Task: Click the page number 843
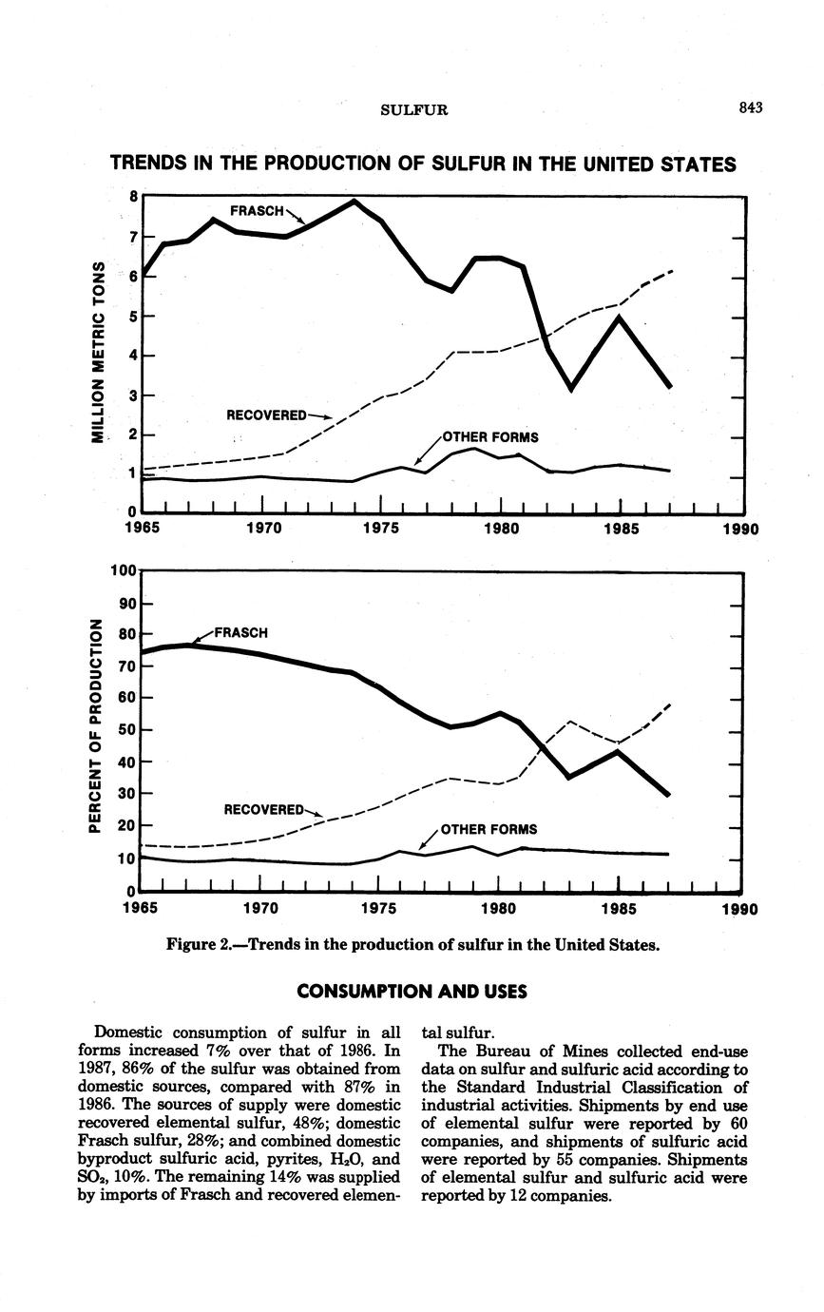pyautogui.click(x=750, y=107)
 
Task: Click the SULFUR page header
pyautogui.click(x=413, y=109)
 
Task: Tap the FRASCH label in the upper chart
pyautogui.click(x=257, y=210)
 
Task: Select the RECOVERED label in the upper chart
pyautogui.click(x=266, y=415)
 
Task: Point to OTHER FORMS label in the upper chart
pyautogui.click(x=490, y=437)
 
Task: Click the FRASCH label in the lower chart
pyautogui.click(x=241, y=632)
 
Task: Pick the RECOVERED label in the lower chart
pyautogui.click(x=263, y=809)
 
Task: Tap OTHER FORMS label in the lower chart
pyautogui.click(x=489, y=829)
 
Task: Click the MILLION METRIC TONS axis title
pyautogui.click(x=96, y=351)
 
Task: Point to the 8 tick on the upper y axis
pyautogui.click(x=134, y=197)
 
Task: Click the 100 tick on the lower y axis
pyautogui.click(x=124, y=571)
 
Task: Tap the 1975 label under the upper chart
pyautogui.click(x=380, y=529)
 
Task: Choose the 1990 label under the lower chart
pyautogui.click(x=738, y=909)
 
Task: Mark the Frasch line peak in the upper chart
pyautogui.click(x=355, y=202)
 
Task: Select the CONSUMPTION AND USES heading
pyautogui.click(x=412, y=992)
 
